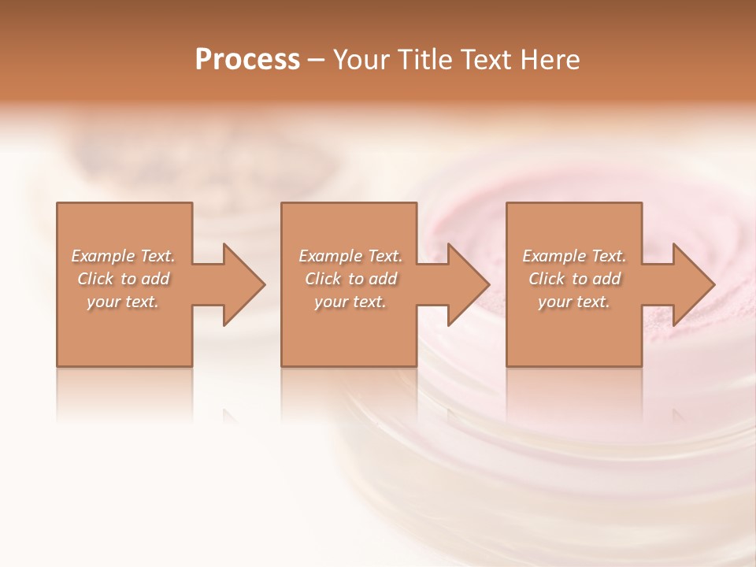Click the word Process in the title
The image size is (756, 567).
coord(247,60)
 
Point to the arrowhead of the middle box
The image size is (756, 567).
coord(465,284)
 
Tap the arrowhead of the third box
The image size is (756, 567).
coord(691,284)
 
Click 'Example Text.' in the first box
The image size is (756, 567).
coord(124,256)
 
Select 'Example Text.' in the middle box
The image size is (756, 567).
coord(350,256)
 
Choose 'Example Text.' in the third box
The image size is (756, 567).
coord(574,256)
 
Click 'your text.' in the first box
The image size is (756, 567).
coord(124,302)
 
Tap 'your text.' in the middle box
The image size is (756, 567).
coord(350,302)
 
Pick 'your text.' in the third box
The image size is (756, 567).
coord(574,302)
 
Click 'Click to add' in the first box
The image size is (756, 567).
coord(124,279)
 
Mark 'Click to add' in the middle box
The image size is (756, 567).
coord(350,279)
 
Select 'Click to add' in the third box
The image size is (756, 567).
coord(574,279)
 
